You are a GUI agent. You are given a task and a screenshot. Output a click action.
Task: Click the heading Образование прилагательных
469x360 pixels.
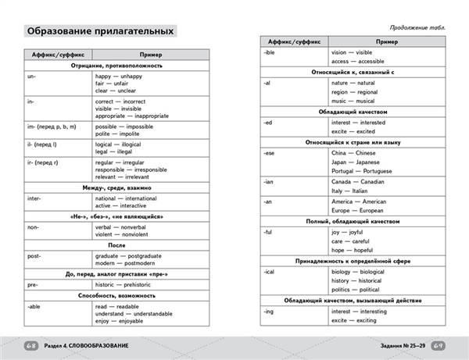coord(99,31)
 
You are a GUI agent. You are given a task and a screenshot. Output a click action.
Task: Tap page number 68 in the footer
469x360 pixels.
coord(31,346)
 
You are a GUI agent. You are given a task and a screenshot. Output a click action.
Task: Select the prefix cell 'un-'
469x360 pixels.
coord(32,77)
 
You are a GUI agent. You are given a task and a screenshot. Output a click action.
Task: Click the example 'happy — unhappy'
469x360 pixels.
coord(121,77)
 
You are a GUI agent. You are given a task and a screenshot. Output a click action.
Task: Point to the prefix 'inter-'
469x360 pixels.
coord(35,200)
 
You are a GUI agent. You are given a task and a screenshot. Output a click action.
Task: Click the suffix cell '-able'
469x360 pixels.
coord(34,308)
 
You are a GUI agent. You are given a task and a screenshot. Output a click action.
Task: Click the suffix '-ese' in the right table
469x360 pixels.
coord(271,153)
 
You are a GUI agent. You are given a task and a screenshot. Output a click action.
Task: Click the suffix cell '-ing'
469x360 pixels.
coord(270,311)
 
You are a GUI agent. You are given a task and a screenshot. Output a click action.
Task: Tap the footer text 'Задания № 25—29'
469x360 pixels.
coord(396,346)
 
